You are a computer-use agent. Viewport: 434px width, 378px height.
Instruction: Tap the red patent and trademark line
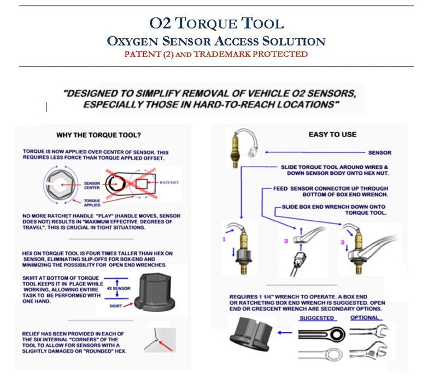pyautogui.click(x=216, y=54)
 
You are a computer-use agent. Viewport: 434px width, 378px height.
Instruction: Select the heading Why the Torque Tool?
pyautogui.click(x=97, y=135)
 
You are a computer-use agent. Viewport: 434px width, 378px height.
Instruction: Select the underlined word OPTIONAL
pyautogui.click(x=366, y=318)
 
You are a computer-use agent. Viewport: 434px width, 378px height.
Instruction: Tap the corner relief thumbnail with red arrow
pyautogui.click(x=160, y=340)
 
